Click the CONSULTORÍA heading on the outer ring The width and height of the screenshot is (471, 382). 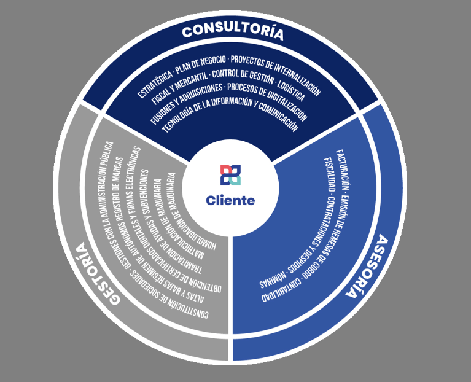click(233, 31)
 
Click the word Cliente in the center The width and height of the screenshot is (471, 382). click(230, 200)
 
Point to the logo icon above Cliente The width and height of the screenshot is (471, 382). click(230, 175)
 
